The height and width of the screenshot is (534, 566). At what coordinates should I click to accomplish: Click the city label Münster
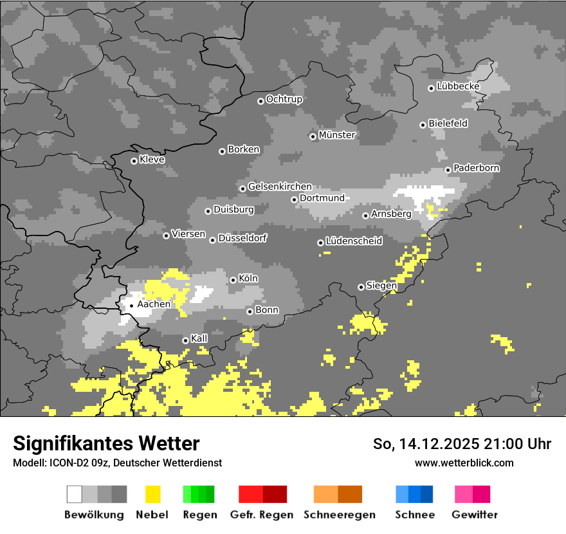coord(337,135)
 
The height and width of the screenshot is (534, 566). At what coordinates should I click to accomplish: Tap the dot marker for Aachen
coord(131,306)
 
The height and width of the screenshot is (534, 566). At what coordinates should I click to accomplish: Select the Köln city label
coord(248,279)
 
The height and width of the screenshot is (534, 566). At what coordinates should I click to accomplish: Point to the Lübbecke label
coord(458,86)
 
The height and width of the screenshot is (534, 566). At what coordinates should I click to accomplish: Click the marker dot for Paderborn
coord(448,170)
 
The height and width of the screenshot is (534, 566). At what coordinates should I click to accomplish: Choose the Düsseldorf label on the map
coord(242,238)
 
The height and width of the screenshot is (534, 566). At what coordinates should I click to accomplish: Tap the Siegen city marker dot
coord(361,287)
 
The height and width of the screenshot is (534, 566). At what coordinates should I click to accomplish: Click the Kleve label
coord(152,160)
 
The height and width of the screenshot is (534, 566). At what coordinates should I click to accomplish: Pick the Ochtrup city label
coord(284,99)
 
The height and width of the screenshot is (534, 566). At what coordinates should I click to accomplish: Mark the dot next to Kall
coord(185,340)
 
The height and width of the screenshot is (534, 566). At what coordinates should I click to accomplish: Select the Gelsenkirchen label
coord(280,187)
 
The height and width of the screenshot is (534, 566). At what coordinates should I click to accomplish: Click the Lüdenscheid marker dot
coord(320,243)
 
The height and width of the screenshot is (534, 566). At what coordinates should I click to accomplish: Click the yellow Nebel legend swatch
coord(153,494)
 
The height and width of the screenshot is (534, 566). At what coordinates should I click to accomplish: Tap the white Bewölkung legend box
coord(75,494)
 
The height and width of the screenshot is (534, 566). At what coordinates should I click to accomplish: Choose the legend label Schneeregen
coord(340,515)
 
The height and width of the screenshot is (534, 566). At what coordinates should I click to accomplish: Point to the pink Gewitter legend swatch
coord(463,494)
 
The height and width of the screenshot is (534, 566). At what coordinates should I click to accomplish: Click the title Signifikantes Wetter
coord(106,443)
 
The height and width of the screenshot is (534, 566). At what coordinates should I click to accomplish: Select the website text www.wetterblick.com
coord(464,463)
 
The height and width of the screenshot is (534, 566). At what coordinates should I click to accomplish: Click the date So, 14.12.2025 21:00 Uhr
coord(462,444)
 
